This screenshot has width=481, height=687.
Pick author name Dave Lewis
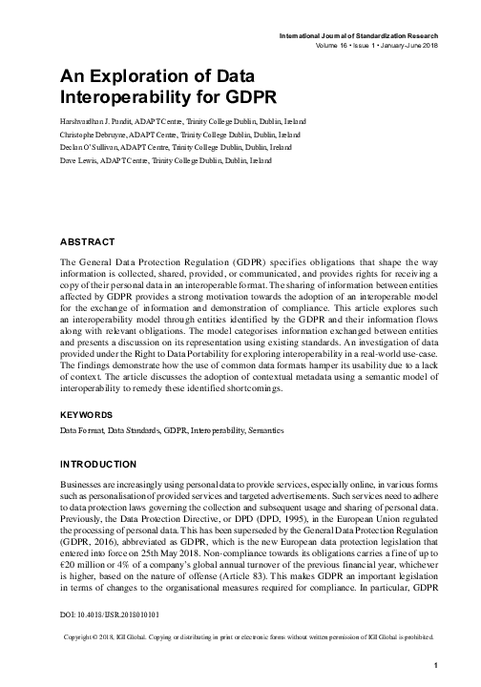[83, 162]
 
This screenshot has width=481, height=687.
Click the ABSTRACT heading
[88, 242]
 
